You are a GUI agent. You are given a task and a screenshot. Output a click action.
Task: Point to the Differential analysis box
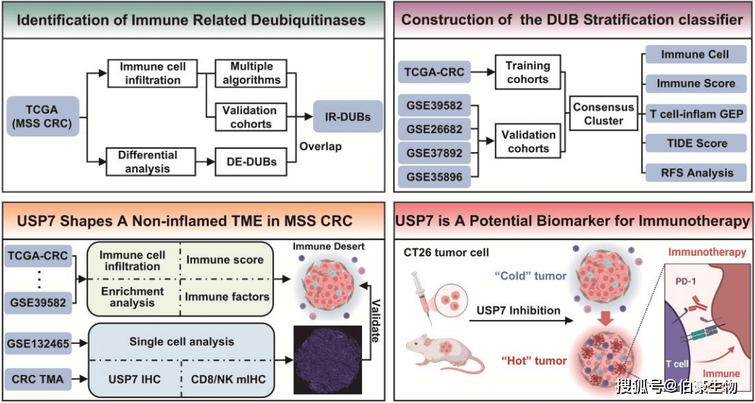point(148,162)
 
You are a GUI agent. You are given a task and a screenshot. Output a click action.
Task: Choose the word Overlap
point(320,147)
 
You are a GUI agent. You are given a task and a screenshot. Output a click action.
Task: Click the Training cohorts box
point(527,72)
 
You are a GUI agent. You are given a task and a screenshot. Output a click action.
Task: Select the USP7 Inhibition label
point(519,310)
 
